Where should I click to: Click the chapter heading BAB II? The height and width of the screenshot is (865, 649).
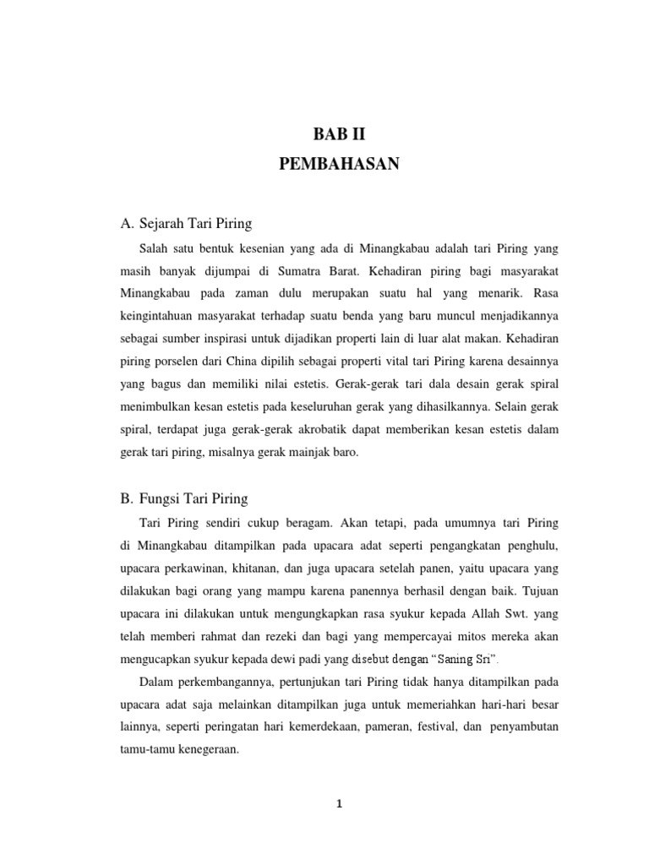click(x=338, y=134)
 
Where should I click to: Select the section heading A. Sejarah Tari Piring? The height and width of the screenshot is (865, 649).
click(x=187, y=224)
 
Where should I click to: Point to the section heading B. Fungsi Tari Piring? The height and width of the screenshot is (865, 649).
click(x=184, y=498)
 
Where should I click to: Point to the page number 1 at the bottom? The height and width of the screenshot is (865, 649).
click(x=338, y=805)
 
